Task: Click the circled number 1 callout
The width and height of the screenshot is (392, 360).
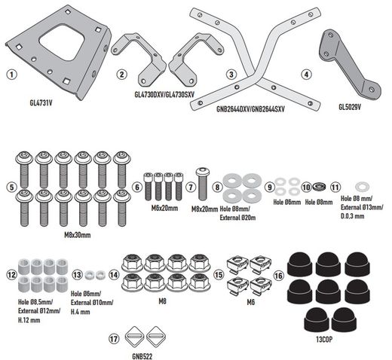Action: [x=12, y=75]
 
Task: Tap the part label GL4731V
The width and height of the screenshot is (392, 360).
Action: [x=41, y=103]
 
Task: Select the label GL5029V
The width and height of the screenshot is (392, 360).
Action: [x=350, y=107]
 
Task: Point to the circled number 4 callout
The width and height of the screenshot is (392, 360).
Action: [x=306, y=75]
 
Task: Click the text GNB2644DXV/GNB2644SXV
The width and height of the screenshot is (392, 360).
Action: [x=250, y=109]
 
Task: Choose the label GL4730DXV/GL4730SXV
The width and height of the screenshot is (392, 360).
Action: [x=164, y=94]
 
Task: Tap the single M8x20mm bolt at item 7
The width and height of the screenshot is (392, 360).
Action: [x=203, y=185]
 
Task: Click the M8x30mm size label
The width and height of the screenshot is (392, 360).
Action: [x=78, y=235]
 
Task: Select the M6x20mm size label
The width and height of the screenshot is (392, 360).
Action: [x=164, y=208]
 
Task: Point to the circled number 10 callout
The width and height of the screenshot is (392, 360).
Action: [x=306, y=187]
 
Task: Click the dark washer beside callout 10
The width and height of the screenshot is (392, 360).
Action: [x=319, y=187]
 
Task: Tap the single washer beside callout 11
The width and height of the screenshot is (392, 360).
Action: [x=363, y=187]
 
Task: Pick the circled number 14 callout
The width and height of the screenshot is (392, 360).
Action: [x=114, y=275]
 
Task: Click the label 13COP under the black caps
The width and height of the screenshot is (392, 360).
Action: [x=324, y=340]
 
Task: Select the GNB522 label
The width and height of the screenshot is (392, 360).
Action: [x=142, y=356]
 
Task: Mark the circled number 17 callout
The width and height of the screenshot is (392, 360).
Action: [x=114, y=339]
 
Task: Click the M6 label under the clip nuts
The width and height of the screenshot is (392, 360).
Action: [x=251, y=302]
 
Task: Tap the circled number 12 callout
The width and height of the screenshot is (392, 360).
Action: [x=11, y=275]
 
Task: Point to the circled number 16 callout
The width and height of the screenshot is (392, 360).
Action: [x=278, y=276]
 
